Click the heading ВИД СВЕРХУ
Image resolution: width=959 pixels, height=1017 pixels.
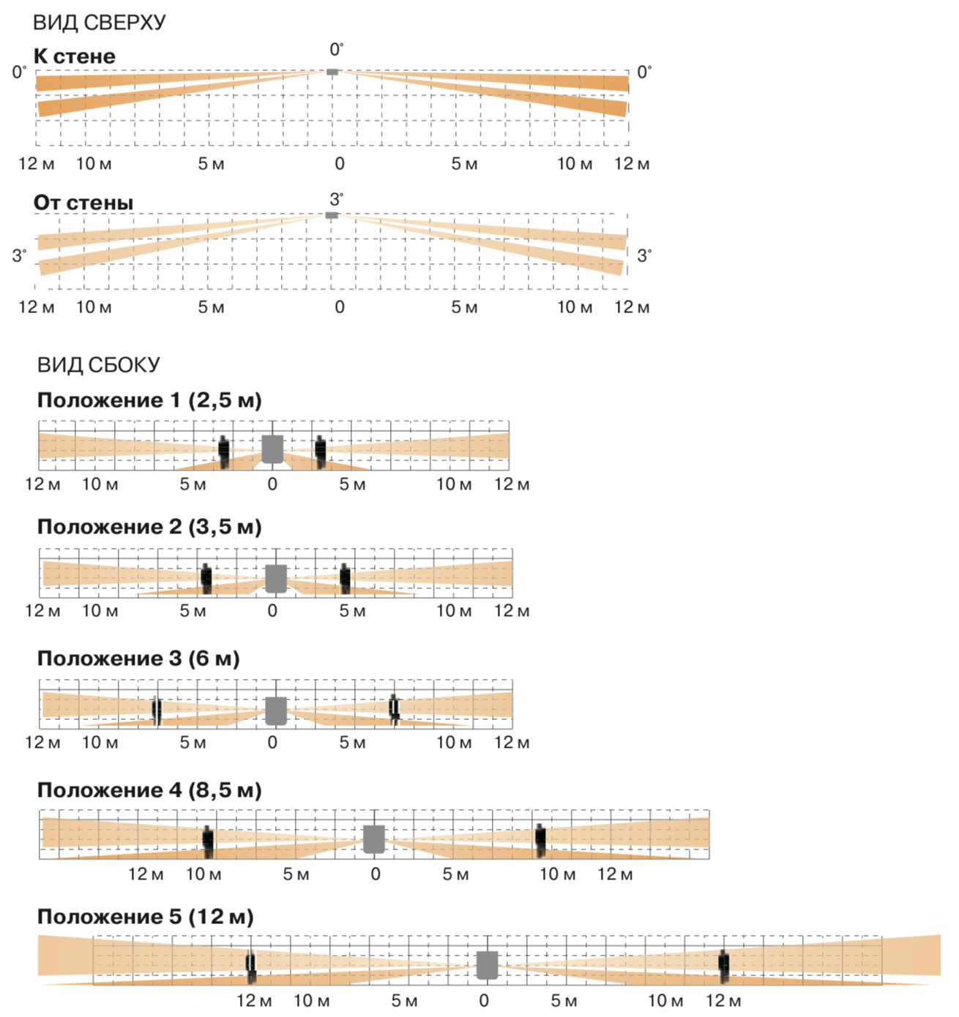(x=100, y=23)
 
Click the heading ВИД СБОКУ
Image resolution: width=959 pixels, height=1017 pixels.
(x=99, y=365)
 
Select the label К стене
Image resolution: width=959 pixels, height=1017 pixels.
(x=75, y=56)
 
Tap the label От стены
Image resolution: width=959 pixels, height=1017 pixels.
(x=83, y=203)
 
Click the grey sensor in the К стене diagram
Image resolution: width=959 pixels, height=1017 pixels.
(x=332, y=72)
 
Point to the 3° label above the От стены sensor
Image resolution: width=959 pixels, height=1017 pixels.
(x=336, y=199)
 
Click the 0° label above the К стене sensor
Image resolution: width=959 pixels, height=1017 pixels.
(x=336, y=50)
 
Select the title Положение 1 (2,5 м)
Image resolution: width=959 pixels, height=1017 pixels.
(x=149, y=400)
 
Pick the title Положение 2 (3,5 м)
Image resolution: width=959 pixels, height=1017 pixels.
(x=149, y=527)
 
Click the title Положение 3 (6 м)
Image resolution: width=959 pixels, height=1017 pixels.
(x=138, y=658)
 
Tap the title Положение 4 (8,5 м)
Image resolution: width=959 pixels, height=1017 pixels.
(x=149, y=790)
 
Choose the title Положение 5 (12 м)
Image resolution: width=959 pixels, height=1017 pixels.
(x=146, y=917)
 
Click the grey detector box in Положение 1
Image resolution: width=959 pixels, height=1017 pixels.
(x=272, y=449)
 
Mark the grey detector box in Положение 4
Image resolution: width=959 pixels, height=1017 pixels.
(x=374, y=838)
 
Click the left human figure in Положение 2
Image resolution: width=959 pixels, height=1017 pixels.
(x=206, y=578)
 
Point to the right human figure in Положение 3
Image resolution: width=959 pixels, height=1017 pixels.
(x=394, y=709)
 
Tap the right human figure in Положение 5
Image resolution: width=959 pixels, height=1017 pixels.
(x=724, y=966)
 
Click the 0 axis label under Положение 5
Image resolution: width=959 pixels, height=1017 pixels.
(x=484, y=1001)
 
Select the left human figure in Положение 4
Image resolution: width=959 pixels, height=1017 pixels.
(x=208, y=841)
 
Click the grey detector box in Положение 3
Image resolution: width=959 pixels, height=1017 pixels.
(x=276, y=710)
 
